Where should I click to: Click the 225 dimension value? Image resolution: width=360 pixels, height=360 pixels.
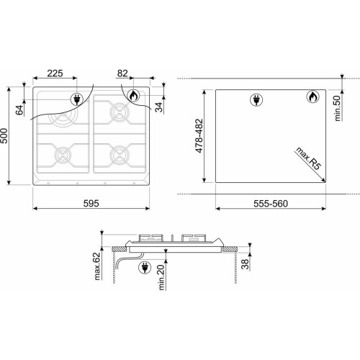tap(55, 73)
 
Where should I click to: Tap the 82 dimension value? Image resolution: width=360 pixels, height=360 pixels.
tap(122, 73)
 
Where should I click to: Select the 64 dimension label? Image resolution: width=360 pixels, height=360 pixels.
tap(19, 110)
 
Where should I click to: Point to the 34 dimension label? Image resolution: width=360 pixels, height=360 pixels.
tap(158, 107)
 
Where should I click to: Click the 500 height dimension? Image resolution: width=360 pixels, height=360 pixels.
tap(4, 136)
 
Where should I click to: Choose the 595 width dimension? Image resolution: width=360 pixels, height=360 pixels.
tap(91, 204)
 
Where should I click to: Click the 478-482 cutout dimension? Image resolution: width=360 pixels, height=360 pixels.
tap(199, 136)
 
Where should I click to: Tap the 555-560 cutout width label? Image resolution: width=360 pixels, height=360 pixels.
tap(271, 204)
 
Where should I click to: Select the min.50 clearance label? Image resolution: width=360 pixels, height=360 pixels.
tap(337, 108)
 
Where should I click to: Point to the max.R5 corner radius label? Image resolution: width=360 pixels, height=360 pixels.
tap(308, 158)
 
